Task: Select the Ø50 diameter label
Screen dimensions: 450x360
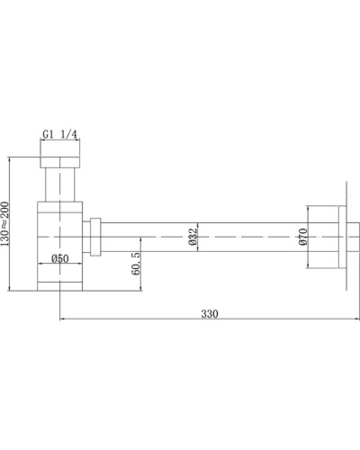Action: point(61,258)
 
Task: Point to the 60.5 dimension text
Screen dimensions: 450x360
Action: point(134,266)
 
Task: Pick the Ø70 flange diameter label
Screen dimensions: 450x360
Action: point(302,238)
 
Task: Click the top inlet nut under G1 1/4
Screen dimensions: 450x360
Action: point(61,165)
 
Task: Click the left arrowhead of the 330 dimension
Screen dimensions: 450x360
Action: point(63,319)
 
